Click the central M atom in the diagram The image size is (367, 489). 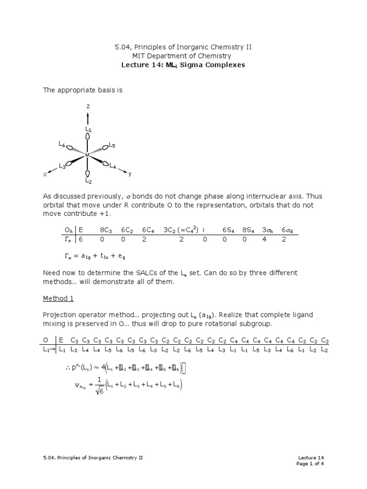pos(87,155)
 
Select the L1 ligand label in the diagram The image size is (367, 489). pos(88,129)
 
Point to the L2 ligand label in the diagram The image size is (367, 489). pos(88,181)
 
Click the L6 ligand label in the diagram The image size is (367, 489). pos(62,144)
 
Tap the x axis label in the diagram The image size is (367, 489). pos(45,175)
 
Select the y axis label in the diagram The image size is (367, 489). pos(130,174)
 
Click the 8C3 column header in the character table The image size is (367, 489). pos(106,230)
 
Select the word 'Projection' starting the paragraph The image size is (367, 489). pos(59,315)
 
